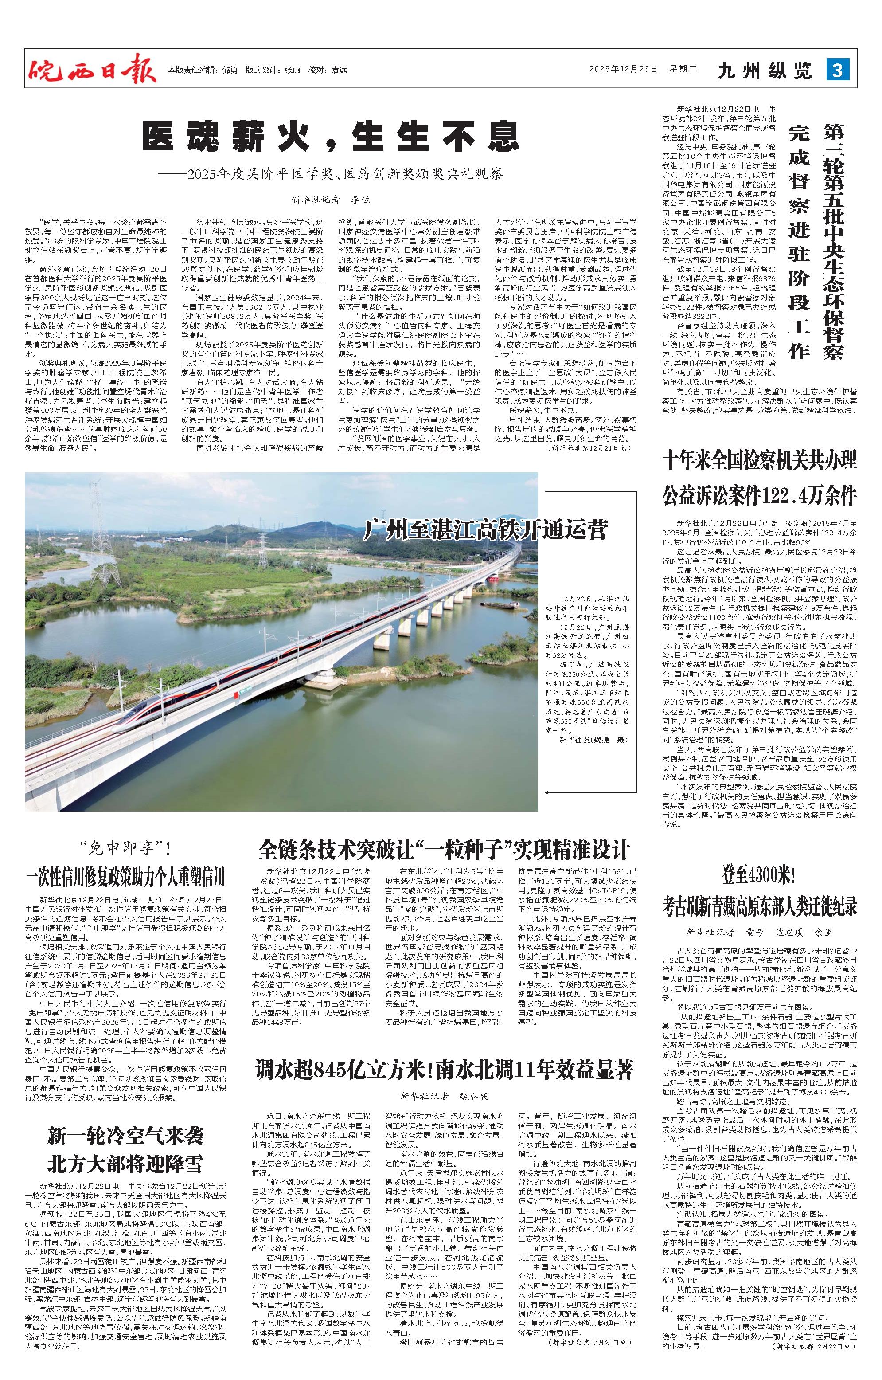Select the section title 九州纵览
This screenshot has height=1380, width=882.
pyautogui.click(x=765, y=71)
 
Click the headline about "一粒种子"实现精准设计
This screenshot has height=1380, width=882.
pyautogui.click(x=444, y=849)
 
